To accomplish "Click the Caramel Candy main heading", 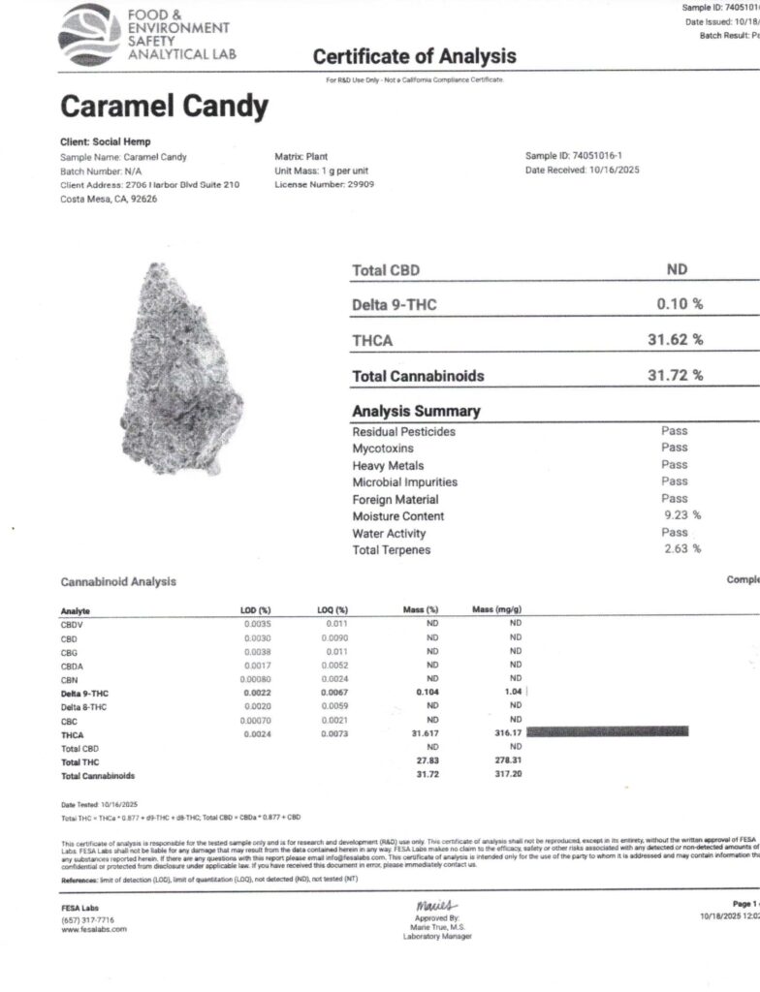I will point(164,107).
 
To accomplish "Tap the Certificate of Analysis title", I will point(414,56).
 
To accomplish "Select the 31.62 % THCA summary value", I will point(675,339).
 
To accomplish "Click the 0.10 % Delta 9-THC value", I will point(680,304).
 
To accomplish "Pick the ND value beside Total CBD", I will point(678,270).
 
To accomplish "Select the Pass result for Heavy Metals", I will point(675,464).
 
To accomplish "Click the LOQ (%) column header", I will point(333,610).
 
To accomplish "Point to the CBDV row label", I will point(74,625).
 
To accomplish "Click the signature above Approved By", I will point(415,904).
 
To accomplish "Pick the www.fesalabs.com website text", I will point(94,929).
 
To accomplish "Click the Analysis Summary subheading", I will point(416,411).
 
